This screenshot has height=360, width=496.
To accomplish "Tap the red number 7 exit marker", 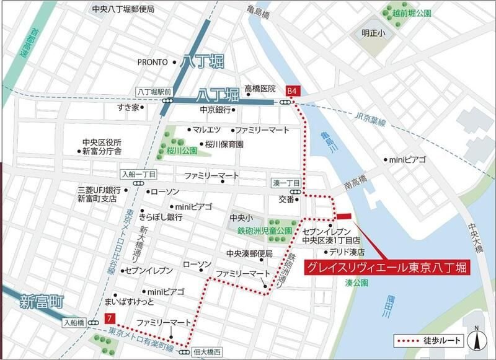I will (x=110, y=319).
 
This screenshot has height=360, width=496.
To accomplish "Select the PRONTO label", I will (x=153, y=62).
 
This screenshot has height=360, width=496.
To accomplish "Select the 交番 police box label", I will (x=286, y=200).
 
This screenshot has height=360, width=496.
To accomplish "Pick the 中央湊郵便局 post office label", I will (x=249, y=253).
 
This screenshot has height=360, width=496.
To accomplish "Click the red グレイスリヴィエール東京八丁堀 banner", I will (x=386, y=268).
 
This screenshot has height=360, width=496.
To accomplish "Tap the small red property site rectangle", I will (x=343, y=216).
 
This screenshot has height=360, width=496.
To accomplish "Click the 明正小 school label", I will (x=374, y=34).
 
